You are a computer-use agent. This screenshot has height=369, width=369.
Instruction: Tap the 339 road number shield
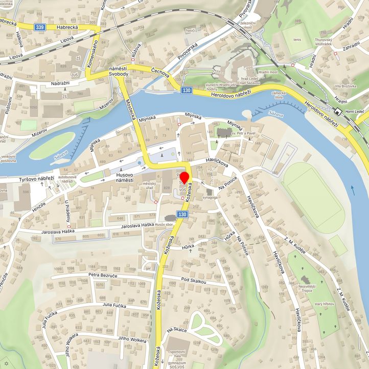(x=40, y=27)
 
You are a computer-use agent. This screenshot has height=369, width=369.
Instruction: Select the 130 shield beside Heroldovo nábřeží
(x=186, y=90)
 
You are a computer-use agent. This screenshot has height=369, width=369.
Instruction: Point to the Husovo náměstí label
(x=121, y=177)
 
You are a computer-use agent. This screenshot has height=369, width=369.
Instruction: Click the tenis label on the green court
(x=297, y=39)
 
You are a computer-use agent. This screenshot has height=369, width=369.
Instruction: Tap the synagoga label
(x=210, y=197)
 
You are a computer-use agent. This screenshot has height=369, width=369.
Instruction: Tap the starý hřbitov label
(x=325, y=304)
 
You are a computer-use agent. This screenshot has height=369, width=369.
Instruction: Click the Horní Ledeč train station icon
(x=338, y=112)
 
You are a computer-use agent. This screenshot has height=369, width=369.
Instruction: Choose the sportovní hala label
(x=178, y=352)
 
